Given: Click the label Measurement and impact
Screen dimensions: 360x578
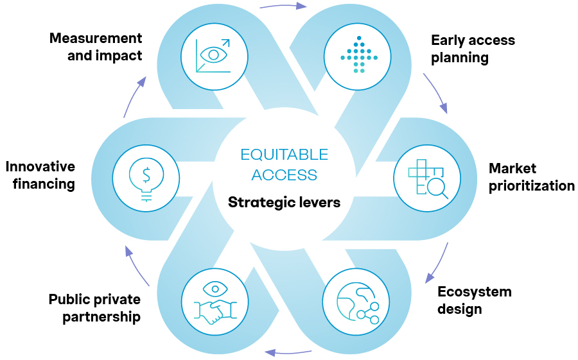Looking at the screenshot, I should (96, 47).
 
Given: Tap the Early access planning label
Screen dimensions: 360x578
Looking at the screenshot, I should (473, 49).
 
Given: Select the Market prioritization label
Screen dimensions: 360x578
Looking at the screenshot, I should (531, 177).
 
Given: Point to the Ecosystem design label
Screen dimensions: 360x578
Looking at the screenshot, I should (474, 300).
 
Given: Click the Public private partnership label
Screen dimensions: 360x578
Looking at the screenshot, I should (94, 308).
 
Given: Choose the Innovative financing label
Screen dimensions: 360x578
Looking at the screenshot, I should (40, 175).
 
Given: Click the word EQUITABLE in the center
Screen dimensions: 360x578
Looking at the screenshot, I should (284, 155).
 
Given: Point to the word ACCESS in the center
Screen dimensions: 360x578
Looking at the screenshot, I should (284, 175).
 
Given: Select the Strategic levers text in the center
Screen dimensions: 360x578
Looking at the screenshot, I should (284, 203).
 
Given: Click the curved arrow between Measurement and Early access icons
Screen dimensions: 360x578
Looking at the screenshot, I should (283, 6).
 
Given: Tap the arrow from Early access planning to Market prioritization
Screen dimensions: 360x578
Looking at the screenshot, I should (436, 93).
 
